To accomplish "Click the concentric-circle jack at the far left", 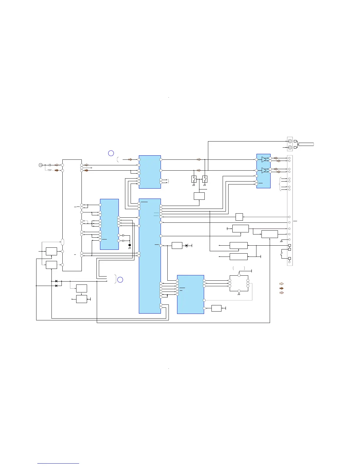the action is tap(41, 165).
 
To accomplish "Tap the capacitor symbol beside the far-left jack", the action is tap(50, 165).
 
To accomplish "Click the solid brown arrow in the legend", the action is tap(281, 288).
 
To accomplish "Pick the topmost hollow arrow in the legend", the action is tap(281, 284).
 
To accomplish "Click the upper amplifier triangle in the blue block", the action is tap(264, 159).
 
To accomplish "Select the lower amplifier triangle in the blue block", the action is tap(264, 170).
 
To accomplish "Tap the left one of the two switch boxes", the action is tap(194, 179).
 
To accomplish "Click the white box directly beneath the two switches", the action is tap(199, 196).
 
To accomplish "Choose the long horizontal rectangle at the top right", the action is tap(306, 144).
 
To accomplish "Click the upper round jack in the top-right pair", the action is tap(290, 141).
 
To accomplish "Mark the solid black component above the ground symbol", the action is tap(130, 245).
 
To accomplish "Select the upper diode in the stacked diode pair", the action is tap(56, 281).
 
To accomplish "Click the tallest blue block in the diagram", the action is tap(150, 256).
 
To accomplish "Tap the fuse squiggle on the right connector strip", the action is tap(282, 253).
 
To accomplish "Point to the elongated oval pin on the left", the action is tap(62, 242).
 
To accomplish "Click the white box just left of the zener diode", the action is tap(177, 245).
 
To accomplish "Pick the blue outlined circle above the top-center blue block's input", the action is tap(111, 153).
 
